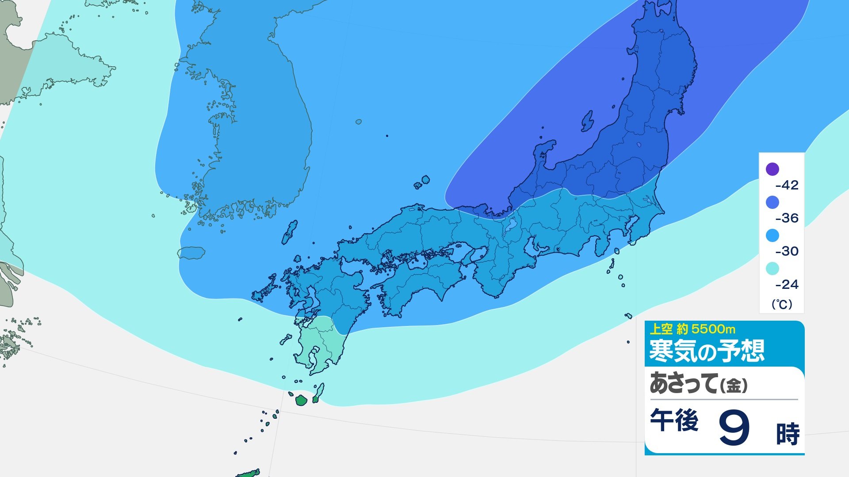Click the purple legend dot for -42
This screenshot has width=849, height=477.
(772, 169)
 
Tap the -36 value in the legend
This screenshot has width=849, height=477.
(787, 218)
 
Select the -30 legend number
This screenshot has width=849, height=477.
(787, 251)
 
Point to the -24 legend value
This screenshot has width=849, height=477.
(787, 284)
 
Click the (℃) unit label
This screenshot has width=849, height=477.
(782, 304)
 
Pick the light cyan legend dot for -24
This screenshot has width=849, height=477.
(772, 269)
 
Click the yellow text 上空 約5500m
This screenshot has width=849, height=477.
(692, 329)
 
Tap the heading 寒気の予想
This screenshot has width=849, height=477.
(706, 351)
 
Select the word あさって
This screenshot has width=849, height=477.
(683, 383)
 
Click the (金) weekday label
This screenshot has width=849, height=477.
(734, 386)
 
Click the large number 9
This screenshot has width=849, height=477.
(734, 428)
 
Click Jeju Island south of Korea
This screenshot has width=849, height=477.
(191, 253)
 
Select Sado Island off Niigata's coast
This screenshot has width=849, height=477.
(587, 121)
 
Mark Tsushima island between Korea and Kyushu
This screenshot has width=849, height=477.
(290, 232)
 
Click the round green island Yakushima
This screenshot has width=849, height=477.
(301, 401)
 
